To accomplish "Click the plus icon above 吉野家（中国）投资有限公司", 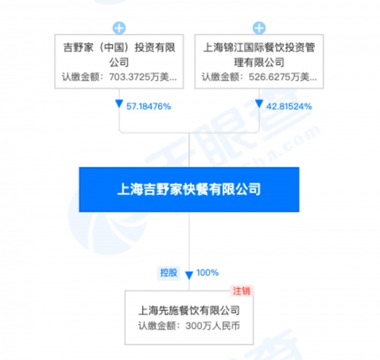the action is (119, 28).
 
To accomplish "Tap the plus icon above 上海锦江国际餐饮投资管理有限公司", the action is (259, 28).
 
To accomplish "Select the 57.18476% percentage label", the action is (149, 106).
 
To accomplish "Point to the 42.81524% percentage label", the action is (289, 106).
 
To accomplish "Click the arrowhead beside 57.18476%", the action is (119, 104).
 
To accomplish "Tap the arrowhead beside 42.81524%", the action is (259, 104).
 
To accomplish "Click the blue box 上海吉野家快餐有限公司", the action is (189, 190).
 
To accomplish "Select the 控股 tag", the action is (168, 273).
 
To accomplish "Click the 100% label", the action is (208, 273).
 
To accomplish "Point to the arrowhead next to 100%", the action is (189, 275).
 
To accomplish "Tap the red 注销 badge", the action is (241, 291).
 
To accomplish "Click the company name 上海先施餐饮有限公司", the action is (189, 311).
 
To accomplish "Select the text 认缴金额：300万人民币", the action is (189, 326).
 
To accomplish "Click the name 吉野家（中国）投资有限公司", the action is (119, 54).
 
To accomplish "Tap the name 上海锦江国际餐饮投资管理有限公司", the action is (259, 54).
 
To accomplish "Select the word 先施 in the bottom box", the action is (168, 311).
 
